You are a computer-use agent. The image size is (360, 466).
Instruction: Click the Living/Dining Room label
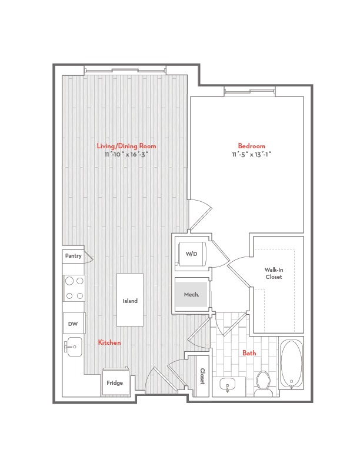[x=126, y=146]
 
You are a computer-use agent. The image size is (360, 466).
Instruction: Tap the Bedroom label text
[x=251, y=146]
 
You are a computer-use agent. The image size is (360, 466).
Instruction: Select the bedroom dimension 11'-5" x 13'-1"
[x=251, y=155]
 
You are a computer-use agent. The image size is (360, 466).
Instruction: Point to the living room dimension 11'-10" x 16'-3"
[x=126, y=155]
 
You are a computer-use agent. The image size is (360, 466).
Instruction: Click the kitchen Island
[x=130, y=299]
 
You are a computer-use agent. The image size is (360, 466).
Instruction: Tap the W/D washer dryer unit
[x=192, y=254]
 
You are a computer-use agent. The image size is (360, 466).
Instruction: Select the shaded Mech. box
[x=192, y=294]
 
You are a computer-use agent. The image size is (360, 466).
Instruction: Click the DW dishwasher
[x=74, y=324]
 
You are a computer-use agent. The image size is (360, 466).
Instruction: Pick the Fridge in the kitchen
[x=115, y=382]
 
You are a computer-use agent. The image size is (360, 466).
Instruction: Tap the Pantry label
[x=73, y=255]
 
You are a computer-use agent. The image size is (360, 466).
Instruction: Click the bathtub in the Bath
[x=291, y=364]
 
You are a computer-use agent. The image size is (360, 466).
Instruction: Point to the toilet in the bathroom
[x=263, y=384]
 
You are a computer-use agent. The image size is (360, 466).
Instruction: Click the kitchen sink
[x=73, y=347]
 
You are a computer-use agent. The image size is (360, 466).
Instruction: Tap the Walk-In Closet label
[x=274, y=273]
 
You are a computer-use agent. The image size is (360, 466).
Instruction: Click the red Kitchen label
[x=109, y=342]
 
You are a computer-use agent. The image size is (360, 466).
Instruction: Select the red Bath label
[x=249, y=353]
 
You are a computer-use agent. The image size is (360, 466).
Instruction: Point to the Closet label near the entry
[x=202, y=376]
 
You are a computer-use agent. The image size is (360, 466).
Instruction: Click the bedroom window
[x=249, y=91]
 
